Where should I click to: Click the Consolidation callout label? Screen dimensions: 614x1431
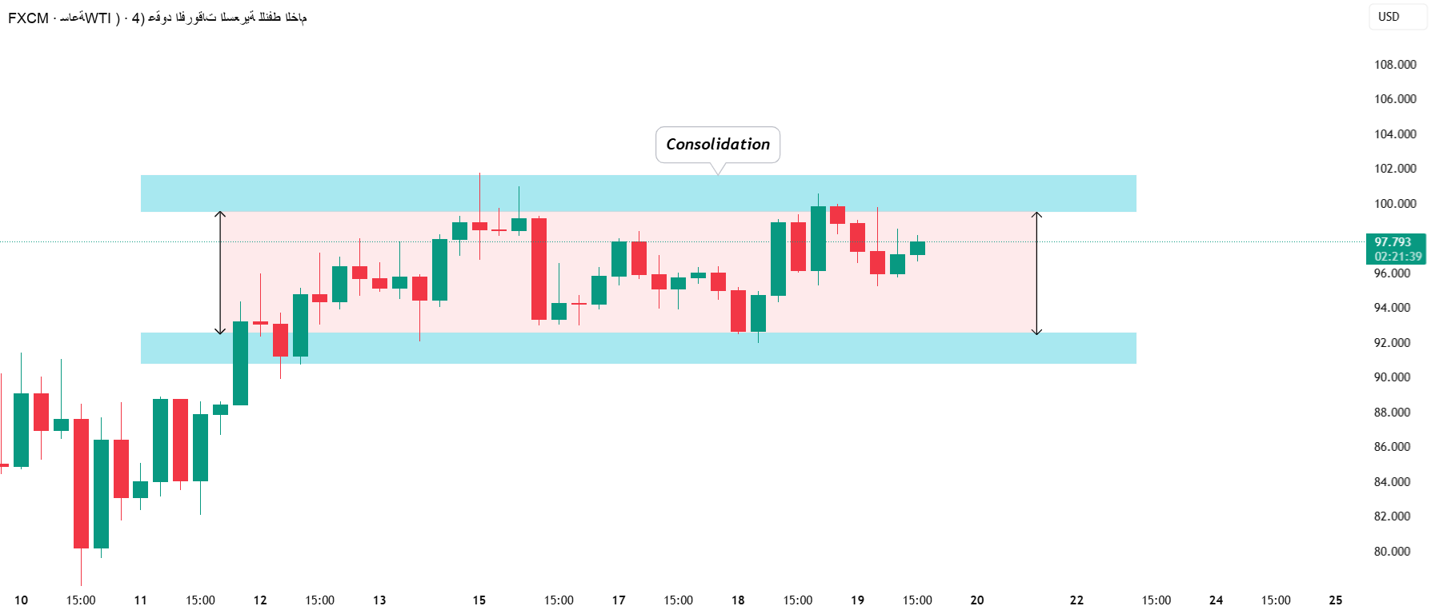coord(718,145)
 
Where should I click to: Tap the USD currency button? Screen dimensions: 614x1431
coord(1389,17)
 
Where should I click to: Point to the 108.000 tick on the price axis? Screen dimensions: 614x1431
coord(1395,65)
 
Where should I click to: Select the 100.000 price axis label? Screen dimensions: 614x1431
coord(1395,204)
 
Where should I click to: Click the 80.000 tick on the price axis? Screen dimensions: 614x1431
coord(1392,552)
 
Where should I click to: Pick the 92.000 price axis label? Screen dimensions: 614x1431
coord(1392,343)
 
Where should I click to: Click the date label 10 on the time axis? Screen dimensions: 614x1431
coord(21,600)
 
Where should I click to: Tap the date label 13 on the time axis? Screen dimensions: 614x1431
coord(379,600)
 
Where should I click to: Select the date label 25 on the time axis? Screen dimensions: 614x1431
coord(1335,600)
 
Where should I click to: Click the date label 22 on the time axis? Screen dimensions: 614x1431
coord(1076,600)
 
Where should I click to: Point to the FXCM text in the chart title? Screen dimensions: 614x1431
coord(28,18)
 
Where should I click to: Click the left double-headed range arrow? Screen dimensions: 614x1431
coord(221,273)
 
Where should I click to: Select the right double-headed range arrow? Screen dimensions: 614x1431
coord(1036,273)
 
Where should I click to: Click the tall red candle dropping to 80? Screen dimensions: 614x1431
coord(81,483)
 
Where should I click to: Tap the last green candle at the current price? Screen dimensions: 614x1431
coord(917,248)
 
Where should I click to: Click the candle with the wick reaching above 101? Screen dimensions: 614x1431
coord(479,226)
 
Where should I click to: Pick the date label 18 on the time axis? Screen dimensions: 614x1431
coord(738,600)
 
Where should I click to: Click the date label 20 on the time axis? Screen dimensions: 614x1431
coord(976,600)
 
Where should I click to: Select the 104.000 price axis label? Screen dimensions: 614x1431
coord(1395,134)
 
